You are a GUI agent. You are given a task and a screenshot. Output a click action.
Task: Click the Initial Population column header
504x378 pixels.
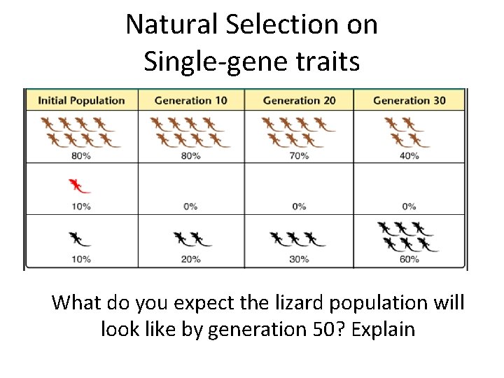click(81, 100)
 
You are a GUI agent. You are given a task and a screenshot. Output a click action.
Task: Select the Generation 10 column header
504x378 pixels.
click(190, 100)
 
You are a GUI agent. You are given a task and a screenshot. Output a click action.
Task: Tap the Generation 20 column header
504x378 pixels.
click(299, 100)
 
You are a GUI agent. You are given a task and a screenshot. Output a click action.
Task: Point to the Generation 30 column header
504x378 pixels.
click(409, 100)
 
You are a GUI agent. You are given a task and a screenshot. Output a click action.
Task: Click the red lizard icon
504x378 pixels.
click(79, 186)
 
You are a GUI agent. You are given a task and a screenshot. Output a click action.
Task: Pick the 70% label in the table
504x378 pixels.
click(299, 155)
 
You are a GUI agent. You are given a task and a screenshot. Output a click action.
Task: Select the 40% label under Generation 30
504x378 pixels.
click(409, 155)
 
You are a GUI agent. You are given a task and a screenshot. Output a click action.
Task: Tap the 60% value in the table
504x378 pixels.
click(409, 259)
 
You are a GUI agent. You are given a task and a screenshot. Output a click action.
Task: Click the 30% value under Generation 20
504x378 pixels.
click(299, 259)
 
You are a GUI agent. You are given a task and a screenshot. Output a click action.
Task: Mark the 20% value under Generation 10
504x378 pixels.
click(190, 259)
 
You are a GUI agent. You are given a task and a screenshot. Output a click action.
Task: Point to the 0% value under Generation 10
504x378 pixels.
click(190, 206)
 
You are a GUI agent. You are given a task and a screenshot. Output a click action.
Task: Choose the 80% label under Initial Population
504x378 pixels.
click(81, 155)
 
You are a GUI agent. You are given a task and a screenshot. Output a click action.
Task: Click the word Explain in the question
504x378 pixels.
click(384, 328)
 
